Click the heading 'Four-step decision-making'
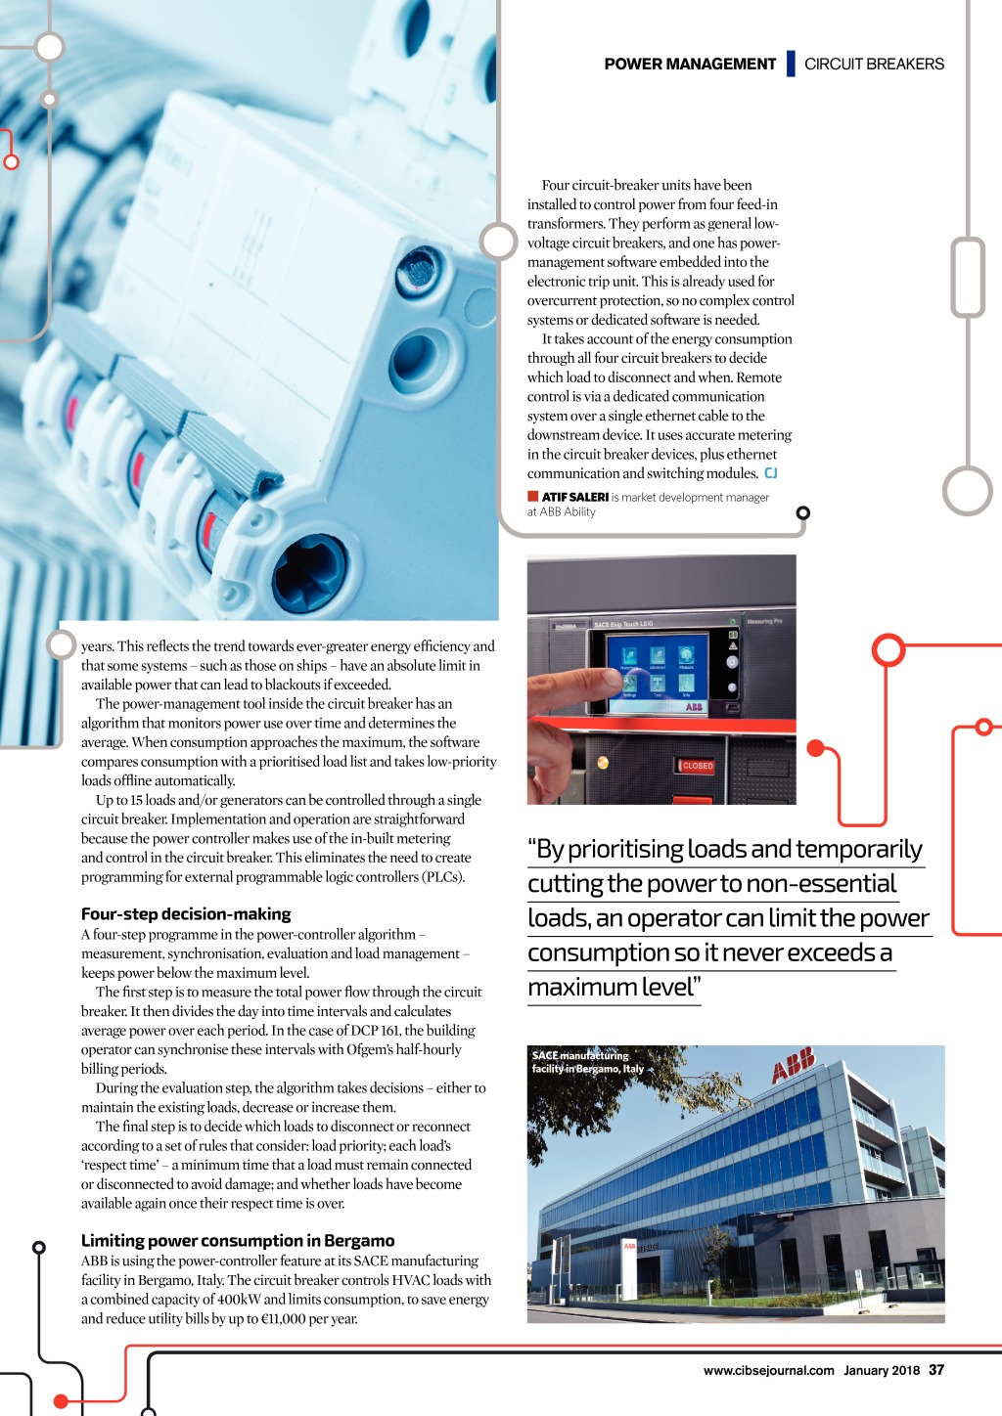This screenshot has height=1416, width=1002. point(186,914)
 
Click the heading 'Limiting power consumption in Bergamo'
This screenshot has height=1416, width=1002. point(238,1241)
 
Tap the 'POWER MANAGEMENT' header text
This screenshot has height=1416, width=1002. point(690,65)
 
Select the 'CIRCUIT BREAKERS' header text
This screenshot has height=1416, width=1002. point(874,65)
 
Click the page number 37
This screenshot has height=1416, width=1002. point(936,1370)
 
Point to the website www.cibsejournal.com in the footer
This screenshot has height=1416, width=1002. point(768,1371)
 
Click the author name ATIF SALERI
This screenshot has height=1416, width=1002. point(575,497)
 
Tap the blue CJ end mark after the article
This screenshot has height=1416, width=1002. point(771,473)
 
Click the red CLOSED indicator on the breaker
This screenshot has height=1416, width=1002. point(697,766)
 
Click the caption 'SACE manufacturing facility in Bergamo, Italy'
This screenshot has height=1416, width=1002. point(587,1062)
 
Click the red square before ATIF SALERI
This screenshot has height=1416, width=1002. point(533,497)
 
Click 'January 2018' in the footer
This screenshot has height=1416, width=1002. point(882,1371)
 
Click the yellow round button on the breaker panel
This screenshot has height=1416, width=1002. point(603,763)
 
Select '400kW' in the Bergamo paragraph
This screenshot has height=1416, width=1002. point(238,1300)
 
